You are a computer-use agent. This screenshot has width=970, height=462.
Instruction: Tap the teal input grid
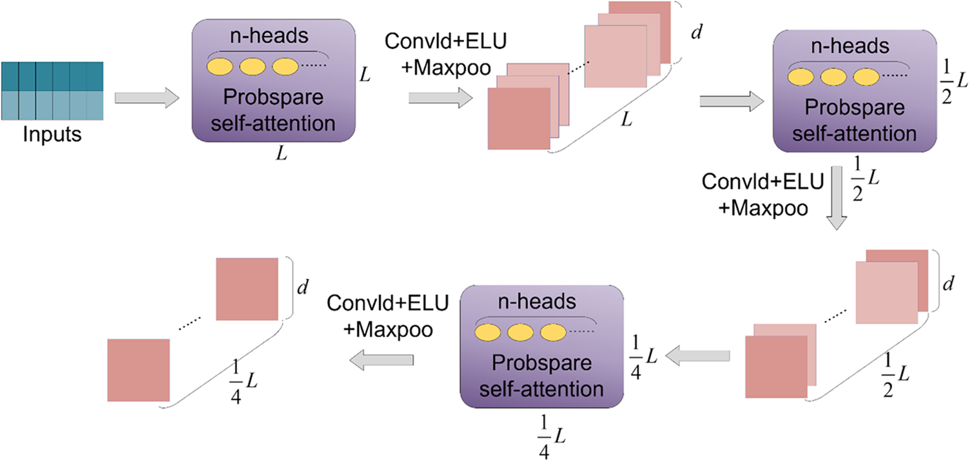(x=52, y=91)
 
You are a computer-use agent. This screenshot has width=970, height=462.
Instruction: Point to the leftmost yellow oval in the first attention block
(x=220, y=66)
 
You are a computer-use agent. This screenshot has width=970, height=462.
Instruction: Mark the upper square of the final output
(x=246, y=289)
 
